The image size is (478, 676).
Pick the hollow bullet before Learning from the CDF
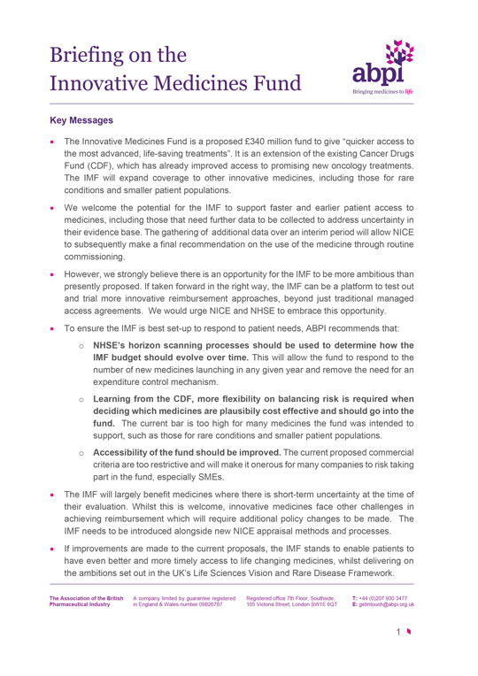[81, 399]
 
